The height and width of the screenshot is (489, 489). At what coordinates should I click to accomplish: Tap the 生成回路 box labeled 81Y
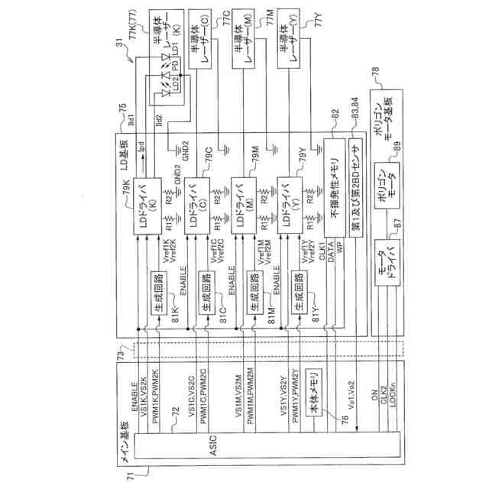[x=296, y=289]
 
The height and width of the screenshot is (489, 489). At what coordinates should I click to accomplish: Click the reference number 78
[x=374, y=73]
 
